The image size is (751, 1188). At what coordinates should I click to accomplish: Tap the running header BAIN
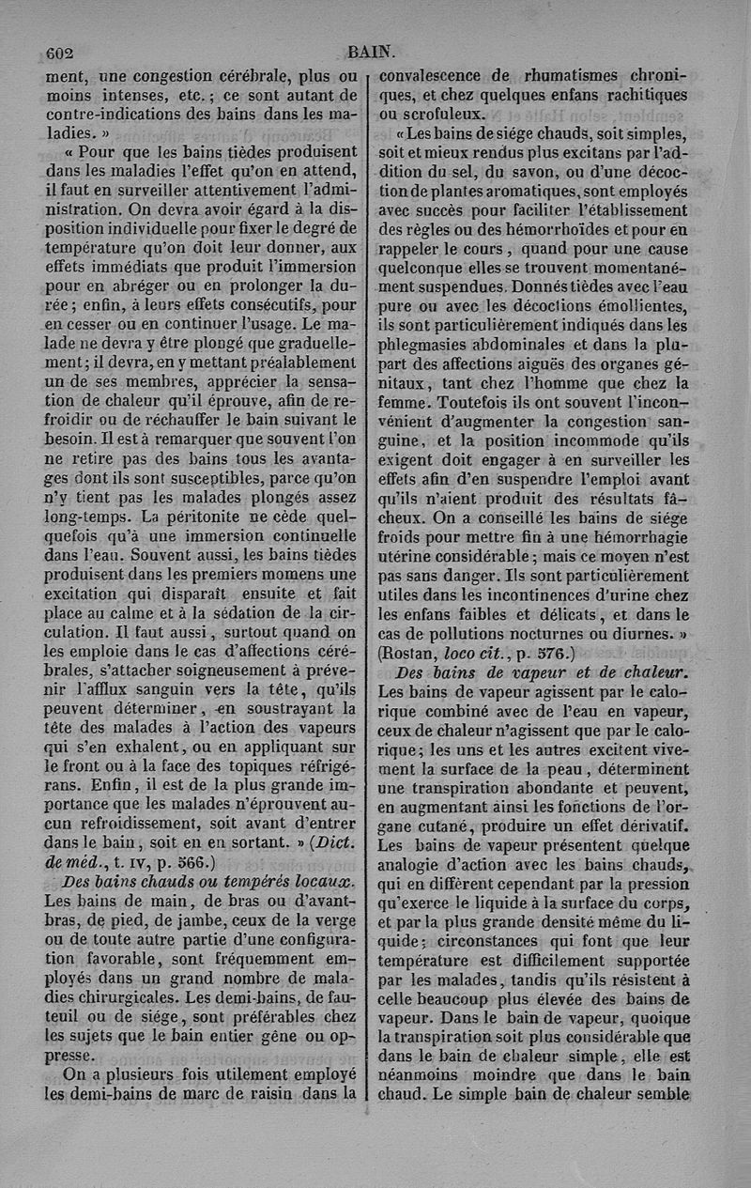(x=371, y=53)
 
